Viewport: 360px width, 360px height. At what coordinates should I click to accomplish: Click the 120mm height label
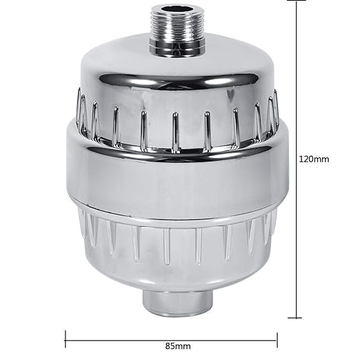point(314,159)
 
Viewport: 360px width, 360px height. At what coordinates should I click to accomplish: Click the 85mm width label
point(178,346)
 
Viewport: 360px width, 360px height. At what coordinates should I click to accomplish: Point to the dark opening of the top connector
point(177,10)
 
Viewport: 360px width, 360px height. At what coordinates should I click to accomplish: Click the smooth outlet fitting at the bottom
point(177,303)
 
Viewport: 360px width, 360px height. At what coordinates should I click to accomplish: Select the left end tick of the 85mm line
point(66,339)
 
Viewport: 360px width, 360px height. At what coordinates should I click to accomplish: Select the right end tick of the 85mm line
point(277,340)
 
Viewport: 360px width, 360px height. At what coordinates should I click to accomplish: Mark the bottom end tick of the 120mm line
point(295,318)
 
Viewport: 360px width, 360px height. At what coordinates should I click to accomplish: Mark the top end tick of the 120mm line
point(297,1)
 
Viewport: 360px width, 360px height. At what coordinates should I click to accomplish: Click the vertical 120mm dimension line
point(296,159)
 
